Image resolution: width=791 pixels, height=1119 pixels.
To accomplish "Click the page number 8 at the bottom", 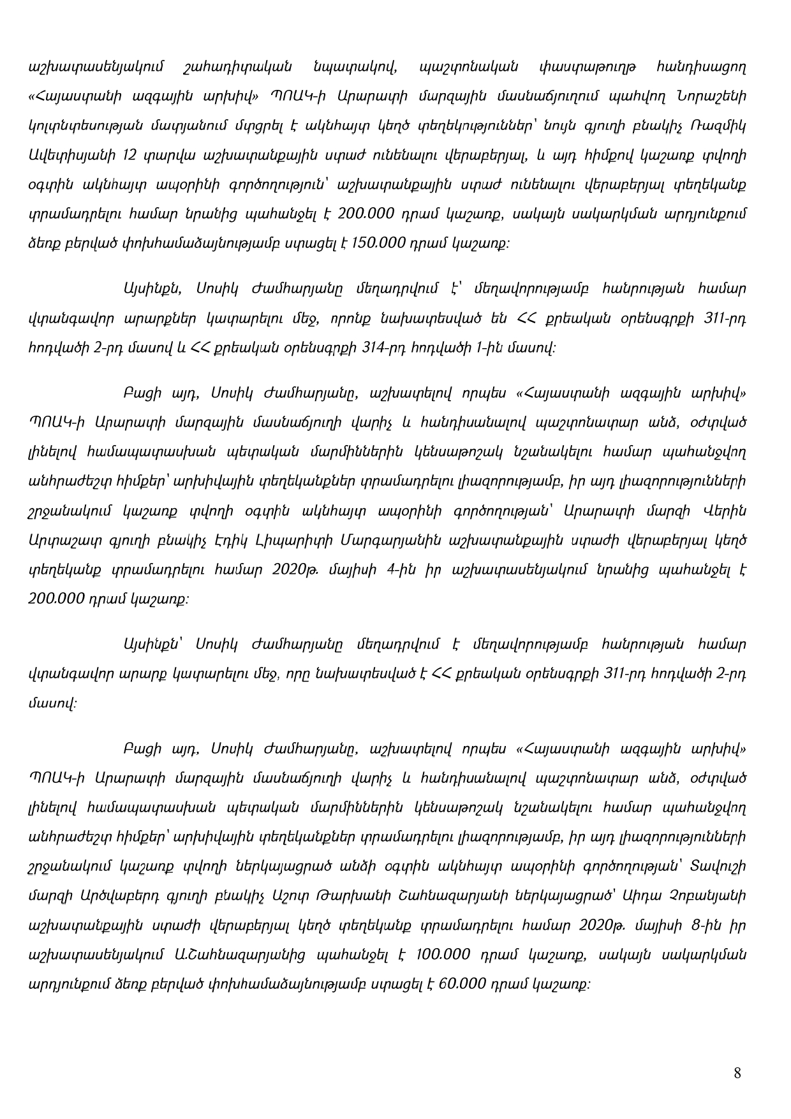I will (x=737, y=1073).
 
